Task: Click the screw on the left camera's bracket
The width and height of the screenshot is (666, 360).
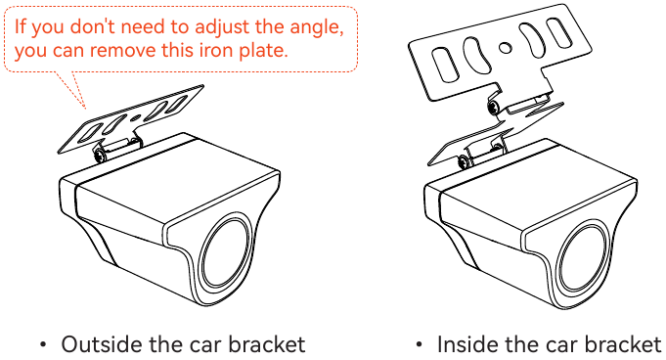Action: tap(100, 155)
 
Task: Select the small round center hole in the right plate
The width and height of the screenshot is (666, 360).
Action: tap(505, 47)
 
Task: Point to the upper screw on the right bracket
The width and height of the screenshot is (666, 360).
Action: tap(494, 107)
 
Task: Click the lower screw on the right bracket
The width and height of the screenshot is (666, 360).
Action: tap(464, 161)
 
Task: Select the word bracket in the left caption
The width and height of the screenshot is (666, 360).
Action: tap(267, 343)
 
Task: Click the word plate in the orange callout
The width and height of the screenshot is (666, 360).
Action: tap(263, 51)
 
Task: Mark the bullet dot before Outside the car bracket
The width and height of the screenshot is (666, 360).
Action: tap(42, 344)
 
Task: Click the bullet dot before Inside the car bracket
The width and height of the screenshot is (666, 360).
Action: tap(420, 344)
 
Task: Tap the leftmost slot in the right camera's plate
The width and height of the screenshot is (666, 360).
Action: tap(445, 65)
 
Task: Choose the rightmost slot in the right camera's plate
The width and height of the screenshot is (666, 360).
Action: tap(558, 32)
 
